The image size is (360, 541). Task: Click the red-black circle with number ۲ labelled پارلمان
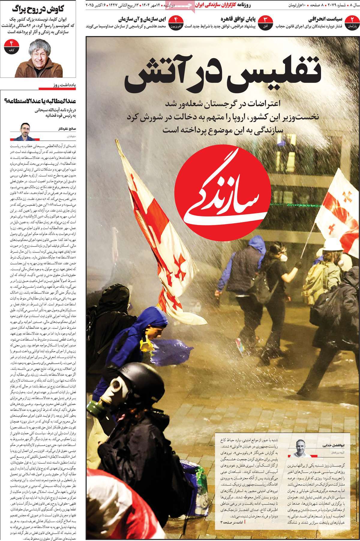pyautogui.click(x=352, y=23)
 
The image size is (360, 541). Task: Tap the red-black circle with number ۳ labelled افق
pyautogui.click(x=265, y=23)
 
